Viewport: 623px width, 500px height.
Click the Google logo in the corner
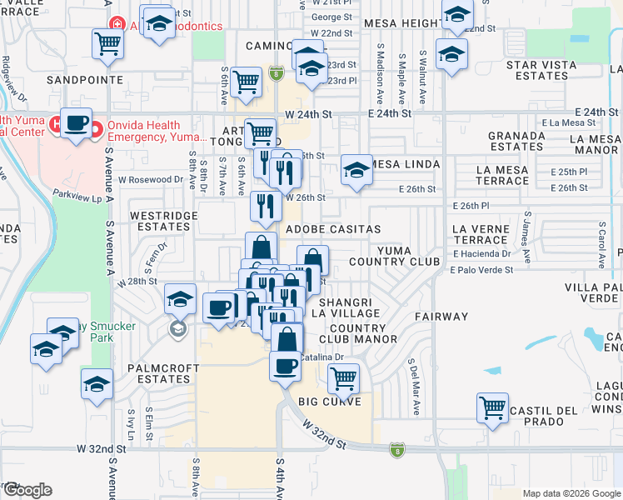click(27, 490)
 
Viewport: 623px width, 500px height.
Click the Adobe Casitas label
click(333, 228)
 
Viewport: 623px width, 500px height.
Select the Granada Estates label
click(516, 141)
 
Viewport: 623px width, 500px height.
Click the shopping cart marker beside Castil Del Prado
click(492, 408)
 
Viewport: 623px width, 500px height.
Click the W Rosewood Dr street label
click(150, 179)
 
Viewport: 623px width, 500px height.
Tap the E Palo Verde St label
click(481, 270)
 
